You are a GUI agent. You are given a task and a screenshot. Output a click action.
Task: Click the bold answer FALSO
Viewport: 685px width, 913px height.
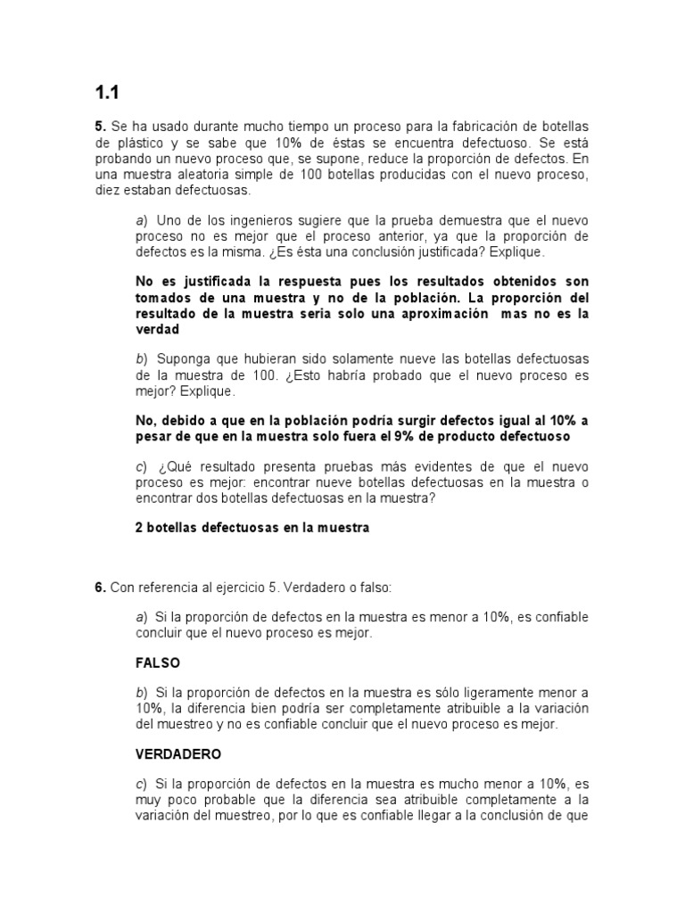pos(158,662)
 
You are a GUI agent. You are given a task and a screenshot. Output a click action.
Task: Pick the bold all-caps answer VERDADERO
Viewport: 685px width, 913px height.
pos(178,754)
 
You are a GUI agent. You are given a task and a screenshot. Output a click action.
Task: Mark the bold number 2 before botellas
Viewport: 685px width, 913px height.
pos(138,528)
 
